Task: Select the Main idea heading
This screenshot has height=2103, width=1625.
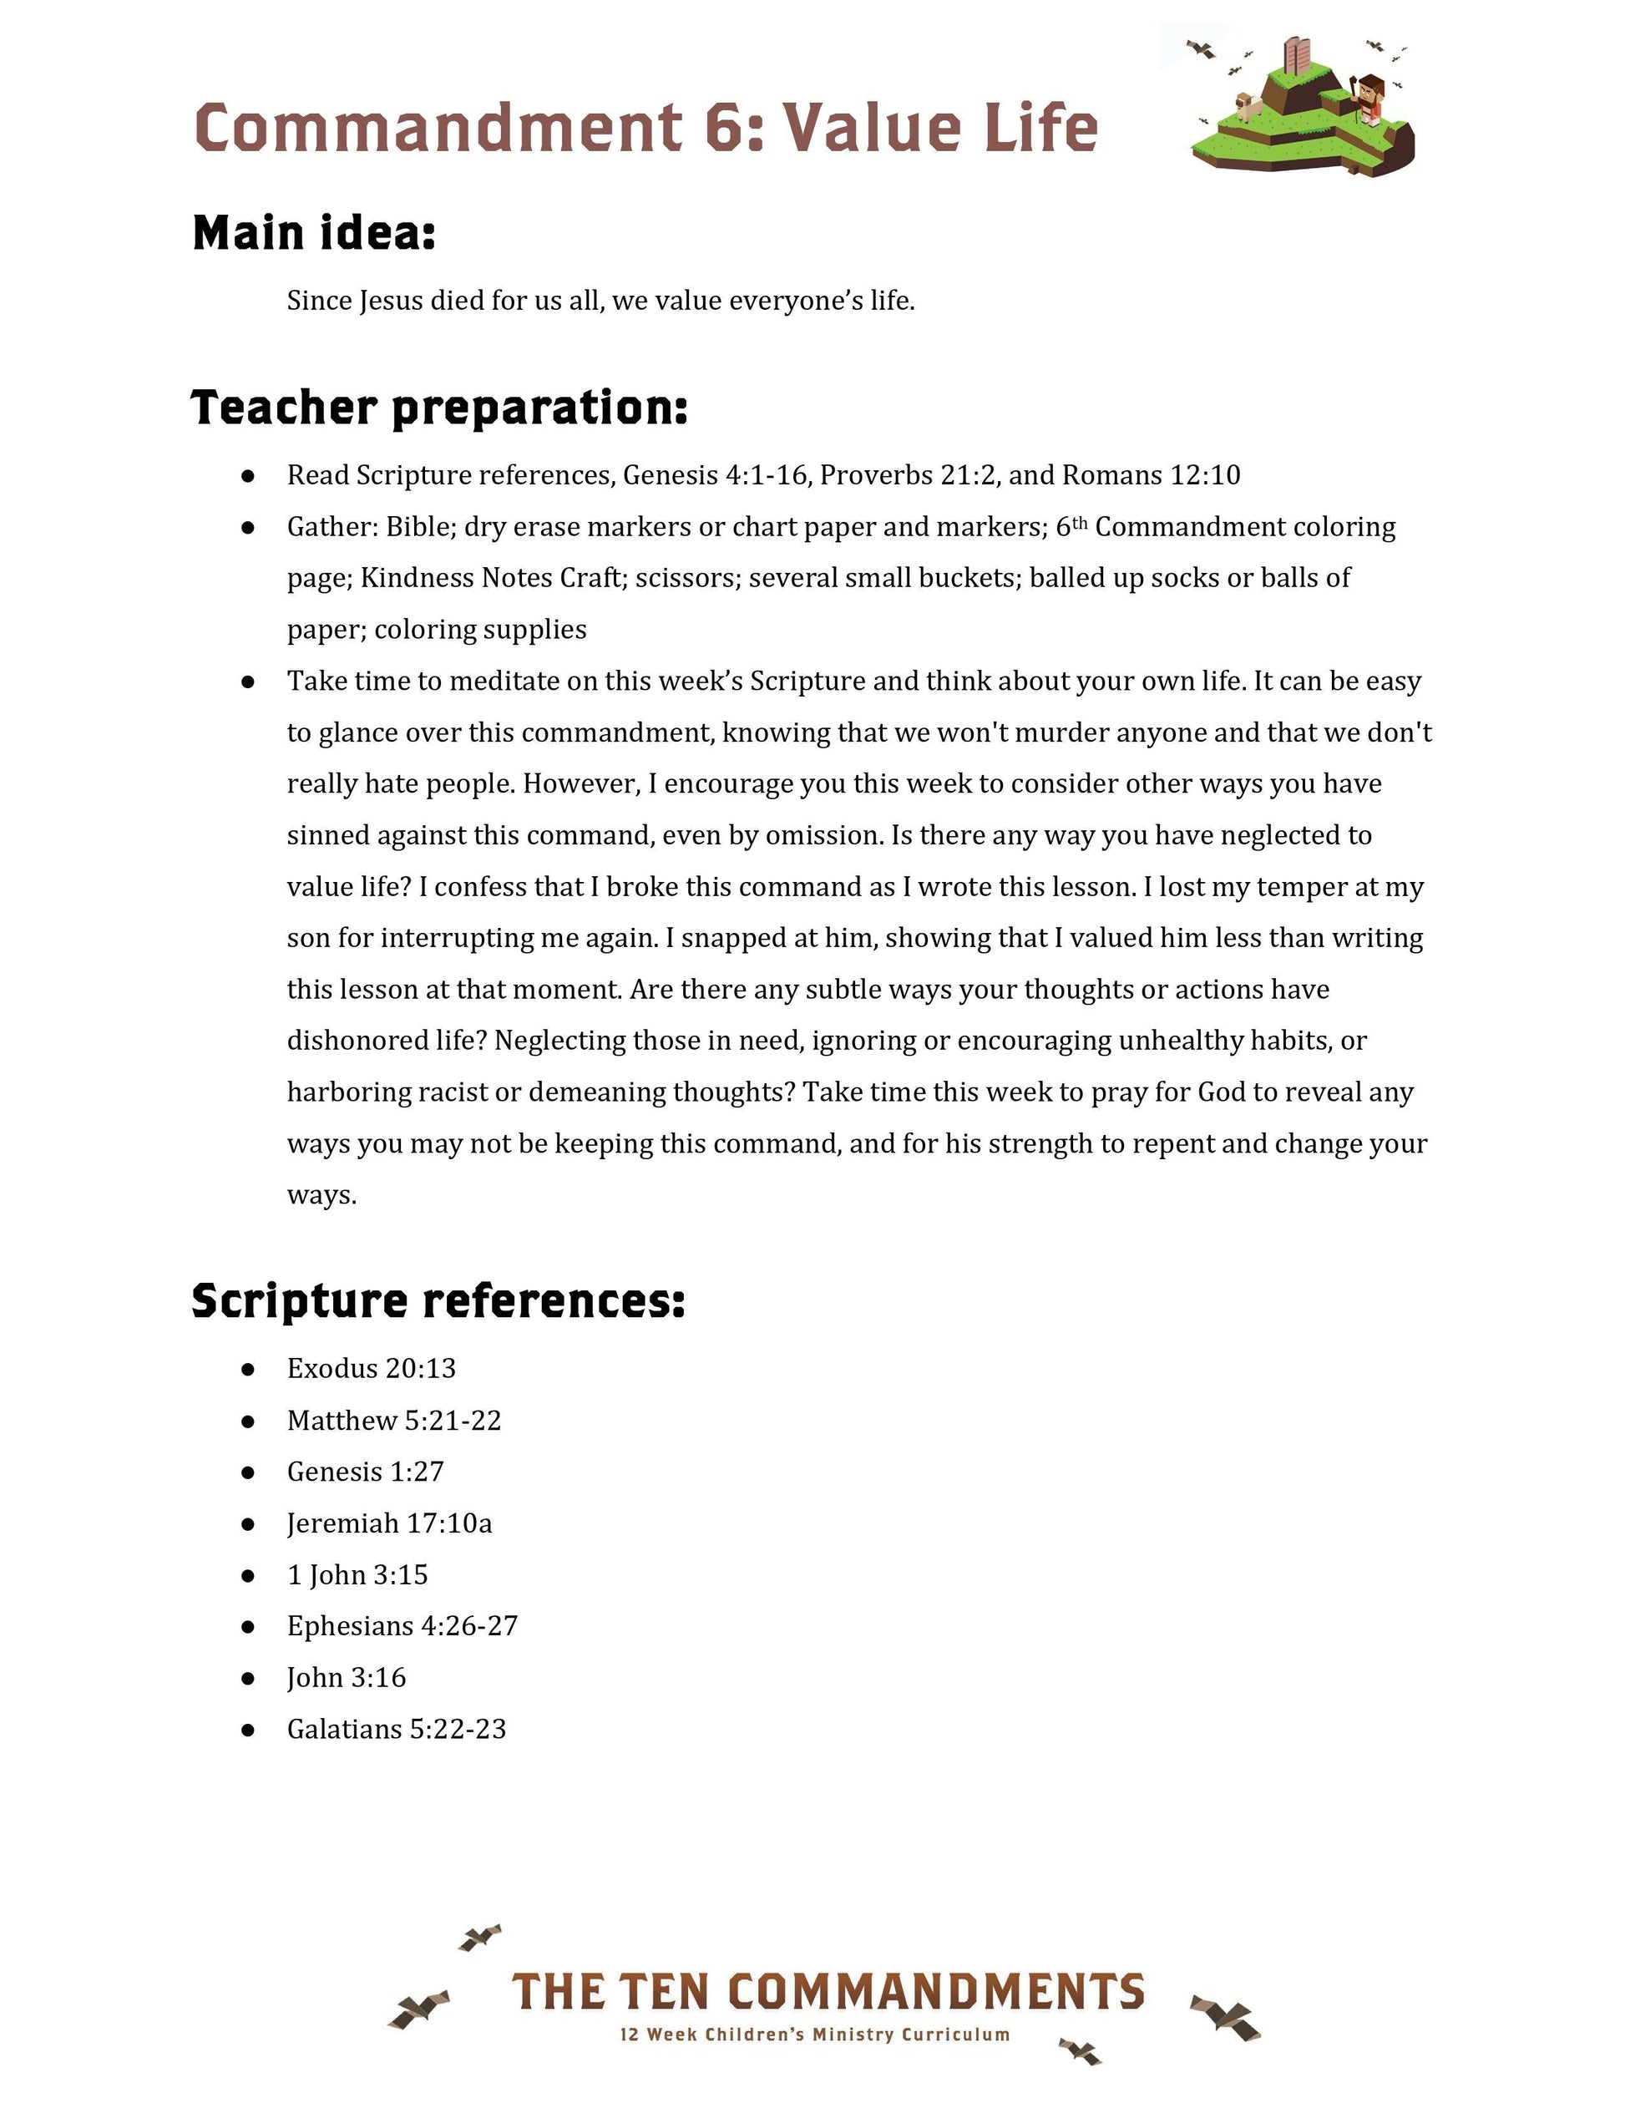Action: pyautogui.click(x=314, y=233)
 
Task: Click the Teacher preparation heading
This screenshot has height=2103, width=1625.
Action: pyautogui.click(x=439, y=408)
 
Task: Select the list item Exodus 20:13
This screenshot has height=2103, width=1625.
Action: pyautogui.click(x=371, y=1368)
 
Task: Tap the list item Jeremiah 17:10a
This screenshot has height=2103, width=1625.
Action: pyautogui.click(x=389, y=1523)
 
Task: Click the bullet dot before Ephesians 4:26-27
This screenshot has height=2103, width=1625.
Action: pyautogui.click(x=248, y=1626)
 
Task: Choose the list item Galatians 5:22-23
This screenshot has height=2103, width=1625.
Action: pyautogui.click(x=396, y=1730)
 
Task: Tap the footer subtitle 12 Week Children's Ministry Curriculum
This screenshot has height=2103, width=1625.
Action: pyautogui.click(x=814, y=2035)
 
